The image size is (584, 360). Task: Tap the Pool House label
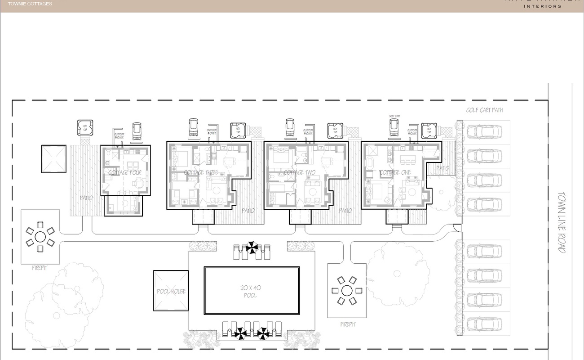[171, 291]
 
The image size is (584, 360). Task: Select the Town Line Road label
[562, 222]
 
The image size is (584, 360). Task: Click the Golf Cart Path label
[484, 110]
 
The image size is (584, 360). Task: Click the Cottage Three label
[201, 172]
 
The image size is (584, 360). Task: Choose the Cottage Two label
[300, 172]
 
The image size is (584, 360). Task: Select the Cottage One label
[395, 172]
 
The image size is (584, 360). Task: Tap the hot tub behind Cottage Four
[85, 127]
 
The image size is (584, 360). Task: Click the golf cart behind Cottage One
[394, 128]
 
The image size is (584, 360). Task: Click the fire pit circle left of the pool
[40, 236]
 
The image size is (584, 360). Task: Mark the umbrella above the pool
[252, 247]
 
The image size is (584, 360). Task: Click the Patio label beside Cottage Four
[86, 198]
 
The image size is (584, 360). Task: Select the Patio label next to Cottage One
[442, 168]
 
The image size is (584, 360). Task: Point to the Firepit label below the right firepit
[347, 324]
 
